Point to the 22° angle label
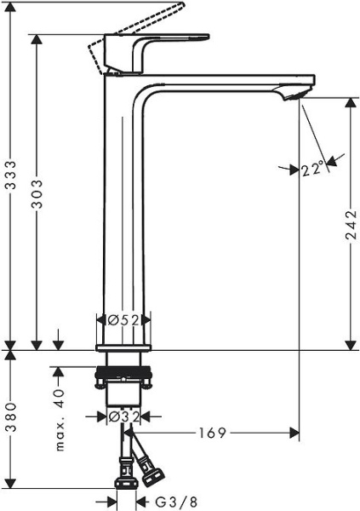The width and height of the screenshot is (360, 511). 312,169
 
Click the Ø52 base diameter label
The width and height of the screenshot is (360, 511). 123,320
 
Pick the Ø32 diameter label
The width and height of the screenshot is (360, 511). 124,416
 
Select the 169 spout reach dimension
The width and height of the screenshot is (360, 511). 214,433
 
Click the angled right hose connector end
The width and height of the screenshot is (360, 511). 155,468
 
